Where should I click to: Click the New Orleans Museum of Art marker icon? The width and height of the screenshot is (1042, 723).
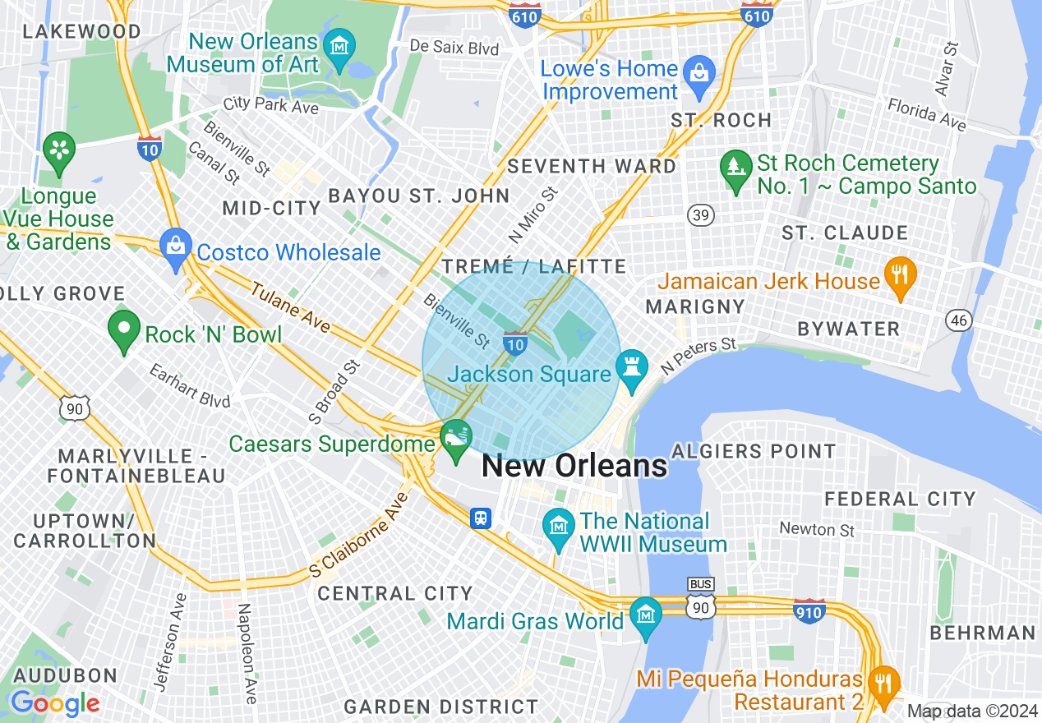[339, 45]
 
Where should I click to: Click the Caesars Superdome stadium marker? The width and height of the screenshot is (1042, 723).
[455, 438]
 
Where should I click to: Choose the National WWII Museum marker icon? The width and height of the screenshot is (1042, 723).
[560, 526]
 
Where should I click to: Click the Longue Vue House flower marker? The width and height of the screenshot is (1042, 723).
[59, 150]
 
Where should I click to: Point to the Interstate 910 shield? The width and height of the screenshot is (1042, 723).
[809, 610]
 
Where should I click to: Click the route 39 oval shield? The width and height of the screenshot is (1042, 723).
[701, 215]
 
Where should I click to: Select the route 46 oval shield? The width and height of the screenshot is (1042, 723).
[958, 320]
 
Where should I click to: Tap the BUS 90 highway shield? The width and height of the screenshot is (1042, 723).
[701, 598]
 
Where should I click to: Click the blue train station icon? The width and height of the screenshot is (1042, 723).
[481, 518]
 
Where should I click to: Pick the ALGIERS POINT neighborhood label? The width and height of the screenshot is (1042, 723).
[754, 451]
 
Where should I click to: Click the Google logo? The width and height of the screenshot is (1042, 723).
[55, 703]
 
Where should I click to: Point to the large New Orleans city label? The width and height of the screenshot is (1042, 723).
[574, 466]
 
